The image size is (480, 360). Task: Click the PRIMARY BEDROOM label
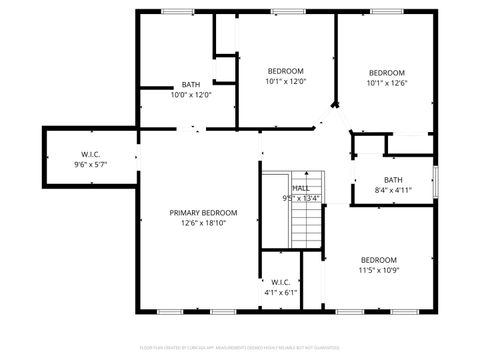point(203,213)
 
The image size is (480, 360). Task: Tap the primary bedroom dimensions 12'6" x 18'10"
point(203,224)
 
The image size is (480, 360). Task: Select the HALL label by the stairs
point(300,188)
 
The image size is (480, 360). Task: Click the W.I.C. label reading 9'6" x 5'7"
point(90,154)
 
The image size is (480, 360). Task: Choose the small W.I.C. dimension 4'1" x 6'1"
point(280,293)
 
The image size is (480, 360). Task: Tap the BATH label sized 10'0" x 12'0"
point(191,84)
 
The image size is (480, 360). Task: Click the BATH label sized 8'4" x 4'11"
point(392,180)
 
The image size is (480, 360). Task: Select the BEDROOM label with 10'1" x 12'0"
point(285,70)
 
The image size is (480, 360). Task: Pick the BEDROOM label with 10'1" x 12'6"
point(386,73)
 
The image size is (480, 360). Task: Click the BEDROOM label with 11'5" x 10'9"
point(379,260)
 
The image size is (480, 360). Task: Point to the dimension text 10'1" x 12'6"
point(386,84)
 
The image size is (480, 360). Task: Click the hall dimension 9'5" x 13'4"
point(301,198)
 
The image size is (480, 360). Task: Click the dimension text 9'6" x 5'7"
point(90,164)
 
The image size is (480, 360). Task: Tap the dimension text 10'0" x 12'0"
point(191,95)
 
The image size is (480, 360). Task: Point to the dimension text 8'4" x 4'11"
point(392,190)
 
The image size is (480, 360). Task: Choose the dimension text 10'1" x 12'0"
point(285,81)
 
